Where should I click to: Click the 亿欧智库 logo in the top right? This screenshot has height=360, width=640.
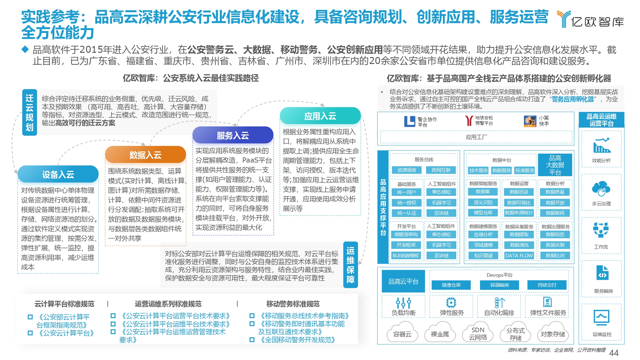point(590,19)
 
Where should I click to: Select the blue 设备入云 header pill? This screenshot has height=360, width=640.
point(58,174)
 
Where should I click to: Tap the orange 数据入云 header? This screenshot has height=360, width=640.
point(145,155)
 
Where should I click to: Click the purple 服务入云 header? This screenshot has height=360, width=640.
point(233,135)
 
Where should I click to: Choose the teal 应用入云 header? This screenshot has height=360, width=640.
point(320,116)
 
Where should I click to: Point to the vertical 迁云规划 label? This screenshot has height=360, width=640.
point(29,112)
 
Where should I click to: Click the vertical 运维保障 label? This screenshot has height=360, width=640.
point(350,265)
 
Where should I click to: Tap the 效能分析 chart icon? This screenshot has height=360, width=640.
point(602,146)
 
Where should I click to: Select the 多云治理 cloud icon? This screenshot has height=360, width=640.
point(601,189)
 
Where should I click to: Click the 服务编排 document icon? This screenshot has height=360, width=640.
point(603,273)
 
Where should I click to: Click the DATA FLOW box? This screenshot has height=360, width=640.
point(519,256)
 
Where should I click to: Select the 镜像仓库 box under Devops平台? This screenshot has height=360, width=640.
point(451,285)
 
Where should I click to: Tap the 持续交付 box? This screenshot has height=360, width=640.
point(547,285)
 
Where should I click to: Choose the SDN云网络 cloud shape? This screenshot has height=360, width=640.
point(478,333)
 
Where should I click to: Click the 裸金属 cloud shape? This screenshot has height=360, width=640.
point(440,333)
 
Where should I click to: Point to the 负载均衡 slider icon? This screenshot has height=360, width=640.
point(403,302)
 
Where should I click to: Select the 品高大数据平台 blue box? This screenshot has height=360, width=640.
point(555,165)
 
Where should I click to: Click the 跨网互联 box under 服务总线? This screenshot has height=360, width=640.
point(441,170)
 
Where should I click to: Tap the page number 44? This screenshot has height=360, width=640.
point(614,353)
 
